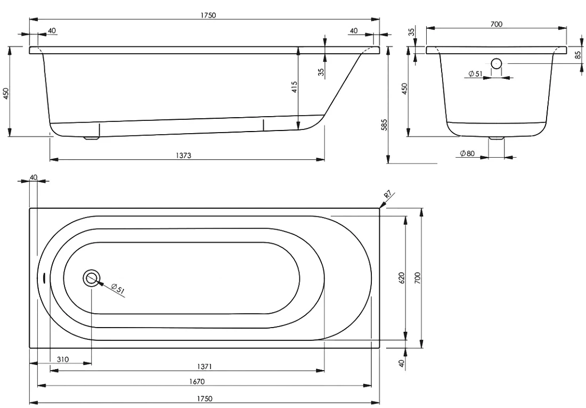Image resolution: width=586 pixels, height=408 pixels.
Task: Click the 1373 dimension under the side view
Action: coord(183,155)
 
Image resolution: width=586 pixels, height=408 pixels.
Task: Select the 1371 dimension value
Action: coord(205,366)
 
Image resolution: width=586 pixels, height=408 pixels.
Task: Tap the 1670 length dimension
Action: coord(197,381)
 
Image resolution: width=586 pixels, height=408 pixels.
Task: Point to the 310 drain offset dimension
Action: coord(63,360)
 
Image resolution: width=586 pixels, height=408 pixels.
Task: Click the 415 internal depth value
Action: coord(294,87)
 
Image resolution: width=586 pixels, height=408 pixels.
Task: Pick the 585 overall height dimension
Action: coord(384,125)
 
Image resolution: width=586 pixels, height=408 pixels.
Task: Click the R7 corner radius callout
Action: coord(387,194)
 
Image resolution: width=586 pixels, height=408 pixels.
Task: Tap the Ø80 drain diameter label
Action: coord(467,153)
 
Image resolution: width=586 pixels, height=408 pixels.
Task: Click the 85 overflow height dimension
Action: coord(578,55)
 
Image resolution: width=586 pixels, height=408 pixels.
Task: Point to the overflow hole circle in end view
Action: coord(497,63)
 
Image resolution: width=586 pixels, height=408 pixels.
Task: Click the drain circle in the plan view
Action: coord(91,278)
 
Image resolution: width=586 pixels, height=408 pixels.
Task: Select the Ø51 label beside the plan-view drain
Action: coord(118,289)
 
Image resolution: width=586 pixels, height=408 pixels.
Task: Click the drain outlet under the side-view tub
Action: coord(92,138)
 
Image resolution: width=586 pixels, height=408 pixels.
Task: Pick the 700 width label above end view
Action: coord(497,24)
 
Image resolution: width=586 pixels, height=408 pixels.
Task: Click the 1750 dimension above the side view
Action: coord(208,15)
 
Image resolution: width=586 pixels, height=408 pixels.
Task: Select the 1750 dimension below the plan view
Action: coord(204,399)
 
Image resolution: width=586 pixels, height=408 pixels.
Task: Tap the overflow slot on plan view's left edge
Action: coord(44,278)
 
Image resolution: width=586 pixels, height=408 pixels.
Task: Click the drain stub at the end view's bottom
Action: coord(497,138)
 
